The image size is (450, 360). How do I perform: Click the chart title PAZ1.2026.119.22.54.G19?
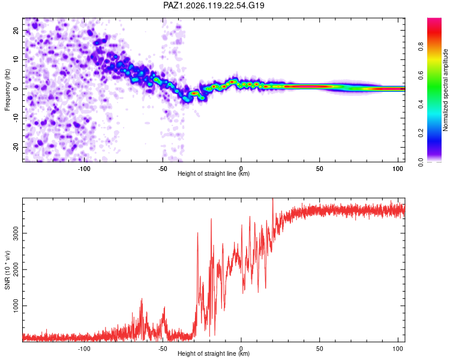[214, 5]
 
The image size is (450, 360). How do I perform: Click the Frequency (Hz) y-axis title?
[7, 90]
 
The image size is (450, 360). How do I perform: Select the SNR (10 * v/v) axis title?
[7, 270]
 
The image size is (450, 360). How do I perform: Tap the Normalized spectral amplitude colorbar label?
[445, 90]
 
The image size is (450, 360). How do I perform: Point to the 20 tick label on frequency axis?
[16, 30]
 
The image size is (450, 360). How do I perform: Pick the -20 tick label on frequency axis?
[16, 147]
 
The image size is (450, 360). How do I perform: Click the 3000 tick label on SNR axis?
[16, 233]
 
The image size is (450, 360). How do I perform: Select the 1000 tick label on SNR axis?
[16, 306]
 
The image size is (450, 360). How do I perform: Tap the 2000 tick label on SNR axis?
[16, 269]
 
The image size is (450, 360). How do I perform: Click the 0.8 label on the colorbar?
[421, 47]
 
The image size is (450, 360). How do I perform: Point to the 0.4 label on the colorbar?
[421, 104]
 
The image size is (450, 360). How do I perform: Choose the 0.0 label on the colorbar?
[421, 162]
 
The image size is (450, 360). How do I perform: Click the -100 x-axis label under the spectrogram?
[84, 169]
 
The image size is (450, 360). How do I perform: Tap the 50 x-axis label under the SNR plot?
[319, 349]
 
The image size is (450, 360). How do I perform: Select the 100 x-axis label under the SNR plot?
[398, 349]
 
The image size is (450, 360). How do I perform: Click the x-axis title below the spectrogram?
[214, 173]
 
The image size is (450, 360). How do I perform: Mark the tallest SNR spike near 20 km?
[272, 199]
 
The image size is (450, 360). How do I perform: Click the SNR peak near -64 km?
[142, 299]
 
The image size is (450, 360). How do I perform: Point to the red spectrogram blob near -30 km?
[194, 94]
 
